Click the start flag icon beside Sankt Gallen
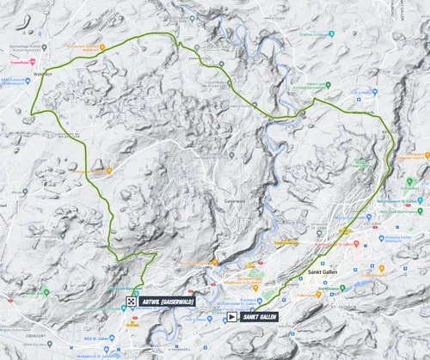coord(232,316)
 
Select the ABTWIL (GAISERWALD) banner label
coord(169,302)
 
